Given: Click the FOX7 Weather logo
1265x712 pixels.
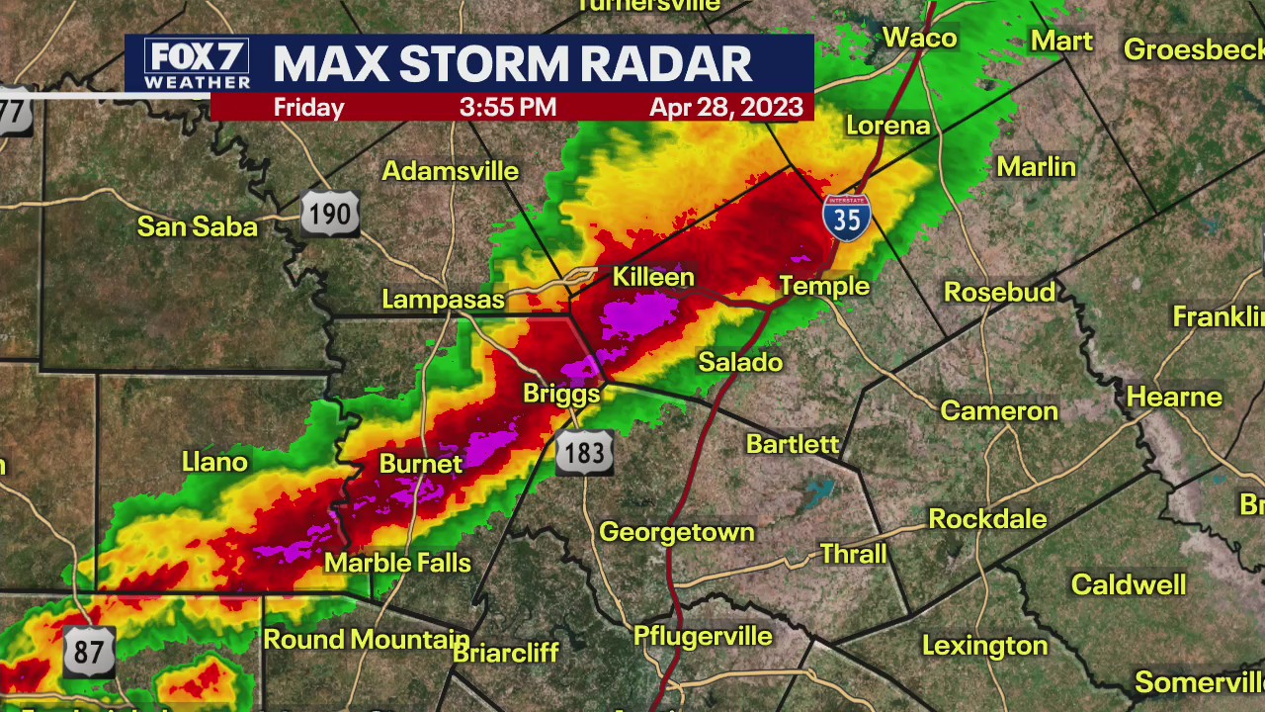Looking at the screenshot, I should pos(196,64).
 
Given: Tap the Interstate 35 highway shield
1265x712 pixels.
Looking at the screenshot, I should pos(847,217).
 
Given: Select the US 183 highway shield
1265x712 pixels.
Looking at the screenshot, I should pos(584,452).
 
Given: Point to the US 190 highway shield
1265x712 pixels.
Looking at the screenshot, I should pos(329,213).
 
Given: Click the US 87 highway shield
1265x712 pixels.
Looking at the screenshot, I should pos(89,650).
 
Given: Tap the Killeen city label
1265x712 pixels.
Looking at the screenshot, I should pos(653,277).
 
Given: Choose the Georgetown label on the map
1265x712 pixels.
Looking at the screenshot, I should pos(676,532).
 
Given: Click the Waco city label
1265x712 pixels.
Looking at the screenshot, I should pos(919,38).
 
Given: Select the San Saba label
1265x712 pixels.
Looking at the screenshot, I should pos(197,226).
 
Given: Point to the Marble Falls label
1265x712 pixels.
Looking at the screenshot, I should pos(397,563).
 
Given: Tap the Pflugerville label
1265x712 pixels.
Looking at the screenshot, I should pos(703,636).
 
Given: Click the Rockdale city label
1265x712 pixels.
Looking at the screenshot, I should pos(987,518).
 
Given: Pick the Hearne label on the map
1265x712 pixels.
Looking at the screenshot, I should pos(1175,397).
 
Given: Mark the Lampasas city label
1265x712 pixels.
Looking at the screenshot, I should pos(443,299).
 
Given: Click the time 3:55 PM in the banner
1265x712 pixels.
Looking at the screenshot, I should pos(507,108).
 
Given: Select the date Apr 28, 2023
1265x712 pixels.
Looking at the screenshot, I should pos(725,108).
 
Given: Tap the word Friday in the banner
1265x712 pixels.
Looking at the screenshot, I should pos(308,108).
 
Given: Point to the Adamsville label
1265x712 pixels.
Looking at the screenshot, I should pos(450,171).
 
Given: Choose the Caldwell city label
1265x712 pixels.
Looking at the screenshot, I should pos(1128,584).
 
